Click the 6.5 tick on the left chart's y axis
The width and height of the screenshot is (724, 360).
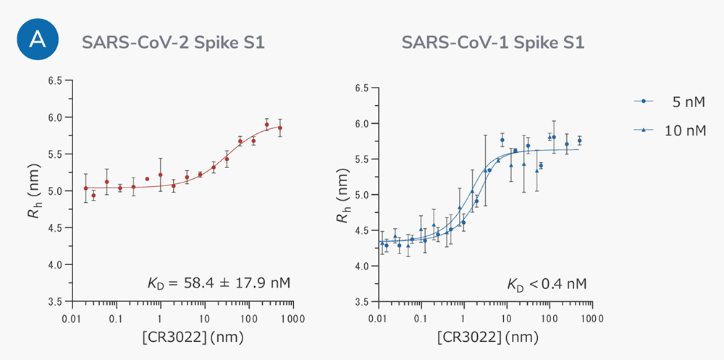[x=56, y=80]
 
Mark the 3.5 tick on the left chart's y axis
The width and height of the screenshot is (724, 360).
[x=56, y=301]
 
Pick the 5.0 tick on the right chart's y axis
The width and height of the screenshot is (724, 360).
[x=363, y=195]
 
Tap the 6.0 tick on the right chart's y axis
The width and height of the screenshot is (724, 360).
[x=363, y=123]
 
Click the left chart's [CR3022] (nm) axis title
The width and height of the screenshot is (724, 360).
[x=182, y=338]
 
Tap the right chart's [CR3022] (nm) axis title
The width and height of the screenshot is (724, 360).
[x=486, y=338]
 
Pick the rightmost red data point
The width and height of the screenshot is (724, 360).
[x=279, y=127]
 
